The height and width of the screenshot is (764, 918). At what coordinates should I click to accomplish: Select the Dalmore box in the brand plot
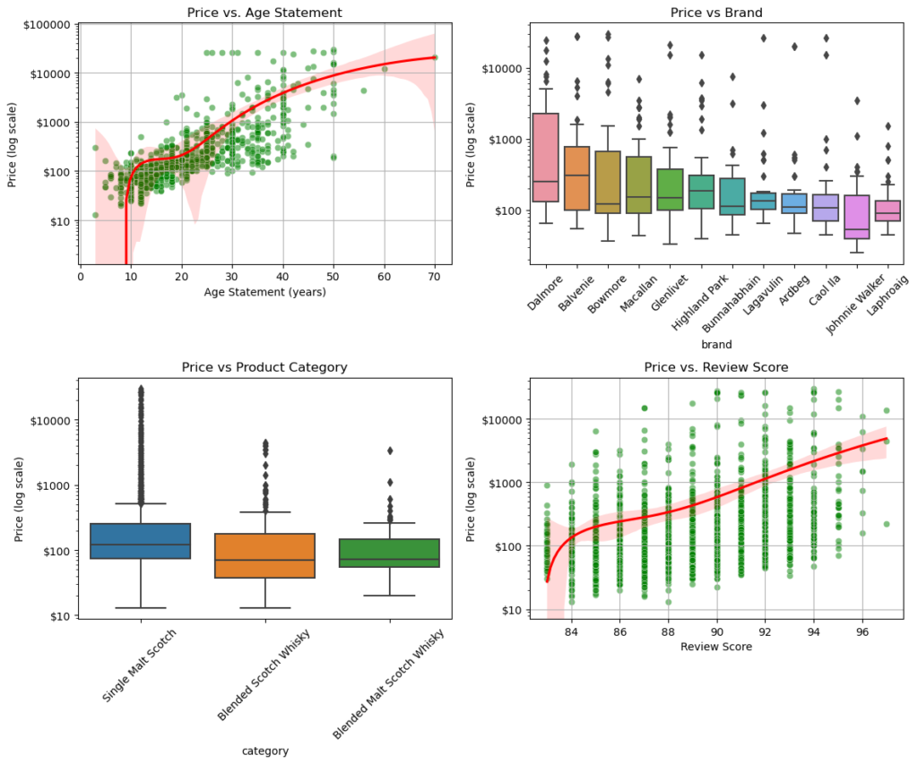(x=545, y=157)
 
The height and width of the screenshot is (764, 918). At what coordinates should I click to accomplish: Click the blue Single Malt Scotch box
(x=141, y=541)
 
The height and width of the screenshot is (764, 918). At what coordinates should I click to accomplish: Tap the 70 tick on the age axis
(x=435, y=277)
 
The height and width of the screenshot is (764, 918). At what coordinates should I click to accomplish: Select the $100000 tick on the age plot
(x=48, y=24)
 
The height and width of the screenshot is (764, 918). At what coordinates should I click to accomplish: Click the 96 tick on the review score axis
(x=862, y=633)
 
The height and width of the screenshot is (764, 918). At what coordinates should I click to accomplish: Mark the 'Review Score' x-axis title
(x=715, y=646)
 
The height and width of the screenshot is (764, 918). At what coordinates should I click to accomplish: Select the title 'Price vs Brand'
(x=715, y=13)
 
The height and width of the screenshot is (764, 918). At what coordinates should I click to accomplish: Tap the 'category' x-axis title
(x=264, y=751)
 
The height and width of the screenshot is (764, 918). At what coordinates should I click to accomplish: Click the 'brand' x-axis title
(x=716, y=344)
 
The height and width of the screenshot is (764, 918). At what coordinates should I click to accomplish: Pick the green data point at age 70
(x=435, y=57)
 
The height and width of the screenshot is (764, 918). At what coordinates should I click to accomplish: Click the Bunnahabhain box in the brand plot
(x=732, y=196)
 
